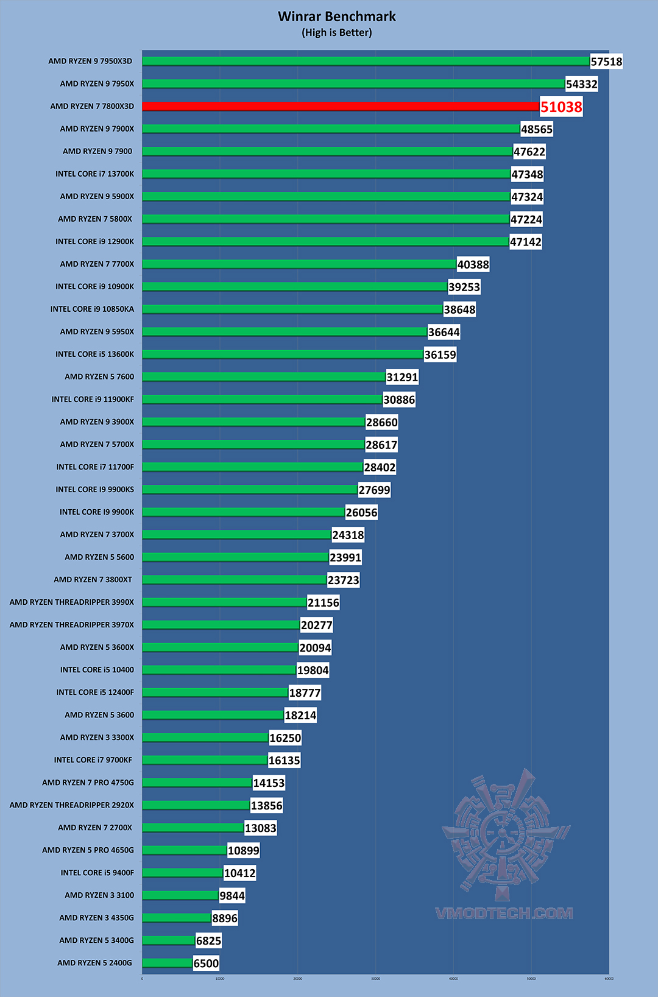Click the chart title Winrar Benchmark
click(x=337, y=16)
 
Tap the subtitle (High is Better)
click(x=337, y=33)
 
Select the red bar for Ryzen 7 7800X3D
click(x=341, y=106)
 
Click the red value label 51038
click(x=561, y=107)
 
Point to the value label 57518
click(x=606, y=62)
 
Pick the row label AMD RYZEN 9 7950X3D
click(x=90, y=61)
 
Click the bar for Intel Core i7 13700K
click(x=326, y=174)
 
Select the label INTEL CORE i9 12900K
click(x=94, y=241)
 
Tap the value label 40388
click(x=473, y=264)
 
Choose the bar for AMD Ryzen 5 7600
click(x=264, y=376)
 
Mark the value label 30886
click(x=399, y=400)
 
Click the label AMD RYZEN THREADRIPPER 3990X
click(x=72, y=602)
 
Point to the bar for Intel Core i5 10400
click(x=219, y=669)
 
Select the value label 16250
click(x=285, y=738)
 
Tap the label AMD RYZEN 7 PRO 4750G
click(x=88, y=782)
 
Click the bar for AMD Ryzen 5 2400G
click(x=168, y=962)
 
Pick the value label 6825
click(x=208, y=941)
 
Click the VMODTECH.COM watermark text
click(x=504, y=913)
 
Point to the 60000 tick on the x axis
click(x=609, y=979)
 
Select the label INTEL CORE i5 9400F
click(x=97, y=872)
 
